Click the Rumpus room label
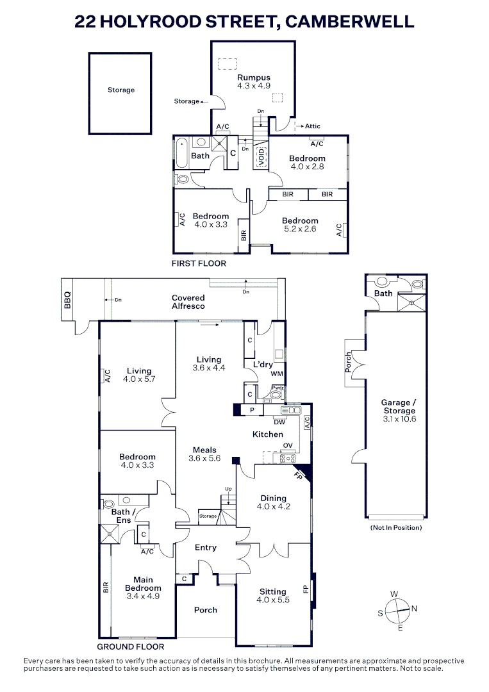[x=253, y=78]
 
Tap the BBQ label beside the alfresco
[x=67, y=300]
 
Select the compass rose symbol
[x=397, y=611]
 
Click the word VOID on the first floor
[x=261, y=157]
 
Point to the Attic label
[x=313, y=126]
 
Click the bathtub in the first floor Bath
[x=181, y=153]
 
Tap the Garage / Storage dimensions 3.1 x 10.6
[x=399, y=419]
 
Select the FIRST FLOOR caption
[x=199, y=263]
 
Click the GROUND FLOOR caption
[x=130, y=647]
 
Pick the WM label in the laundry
[x=277, y=374]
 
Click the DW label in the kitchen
[x=279, y=422]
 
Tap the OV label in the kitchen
[x=288, y=445]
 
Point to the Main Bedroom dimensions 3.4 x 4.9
[x=143, y=597]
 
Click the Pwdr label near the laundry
[x=278, y=388]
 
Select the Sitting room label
[x=273, y=592]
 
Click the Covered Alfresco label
[x=188, y=302]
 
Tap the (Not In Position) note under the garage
[x=396, y=528]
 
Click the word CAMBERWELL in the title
[x=350, y=21]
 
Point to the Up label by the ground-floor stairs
[x=228, y=489]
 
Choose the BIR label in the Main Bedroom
[x=106, y=588]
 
